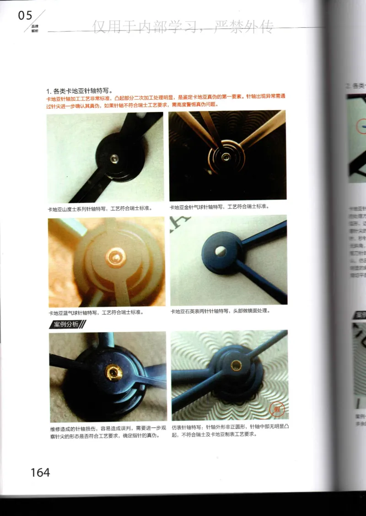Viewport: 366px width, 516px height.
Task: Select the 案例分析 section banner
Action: (x=67, y=324)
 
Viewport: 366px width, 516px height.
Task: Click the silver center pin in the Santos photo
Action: (x=115, y=158)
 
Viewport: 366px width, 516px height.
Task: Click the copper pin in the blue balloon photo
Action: (x=115, y=257)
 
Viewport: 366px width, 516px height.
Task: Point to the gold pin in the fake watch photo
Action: (x=236, y=364)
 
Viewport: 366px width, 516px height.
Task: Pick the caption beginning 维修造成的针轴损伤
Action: (x=108, y=432)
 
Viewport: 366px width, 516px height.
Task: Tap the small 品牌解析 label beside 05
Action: (x=35, y=28)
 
